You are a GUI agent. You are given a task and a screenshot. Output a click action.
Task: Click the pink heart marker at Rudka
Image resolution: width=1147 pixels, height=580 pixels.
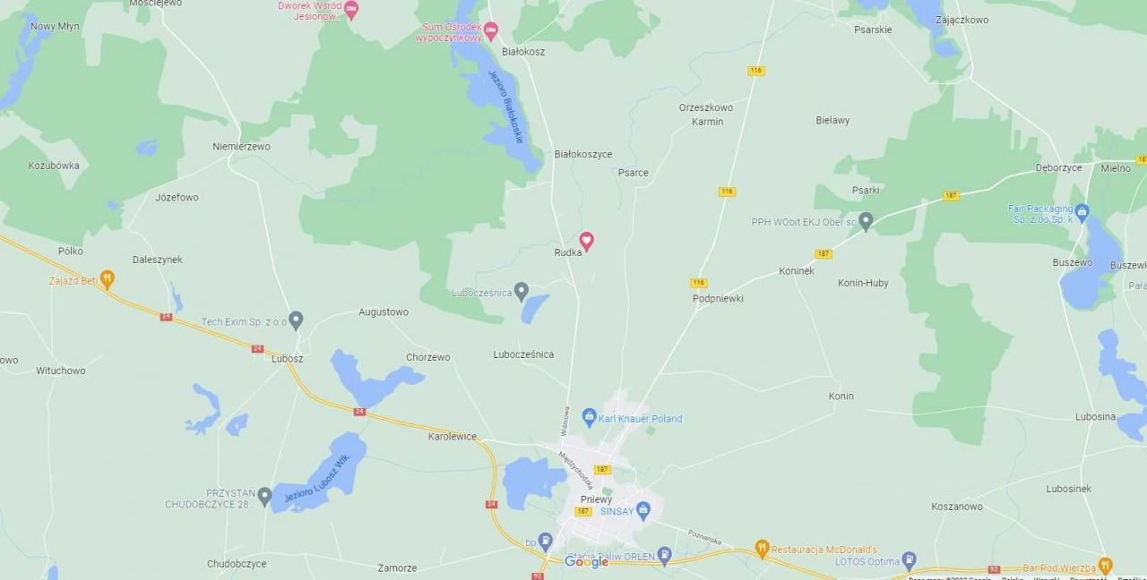586,240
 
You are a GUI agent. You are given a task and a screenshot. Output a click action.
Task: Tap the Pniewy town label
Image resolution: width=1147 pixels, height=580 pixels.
596,499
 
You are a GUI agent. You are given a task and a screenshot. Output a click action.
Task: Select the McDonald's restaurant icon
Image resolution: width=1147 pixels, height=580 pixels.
762,548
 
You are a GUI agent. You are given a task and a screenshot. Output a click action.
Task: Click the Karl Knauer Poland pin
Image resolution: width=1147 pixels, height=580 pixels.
589,416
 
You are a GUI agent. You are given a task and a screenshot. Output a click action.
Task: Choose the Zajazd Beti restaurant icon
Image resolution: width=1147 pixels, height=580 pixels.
107,279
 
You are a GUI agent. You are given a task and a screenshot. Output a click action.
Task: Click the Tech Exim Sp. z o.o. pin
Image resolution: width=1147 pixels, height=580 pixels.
296,319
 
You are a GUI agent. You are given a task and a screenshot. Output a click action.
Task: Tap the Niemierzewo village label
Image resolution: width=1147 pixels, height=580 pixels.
241,147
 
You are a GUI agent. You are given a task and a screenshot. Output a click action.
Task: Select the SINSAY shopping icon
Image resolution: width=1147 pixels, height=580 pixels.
642,510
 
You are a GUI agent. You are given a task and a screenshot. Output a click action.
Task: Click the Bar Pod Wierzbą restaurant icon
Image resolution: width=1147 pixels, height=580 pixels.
1105,566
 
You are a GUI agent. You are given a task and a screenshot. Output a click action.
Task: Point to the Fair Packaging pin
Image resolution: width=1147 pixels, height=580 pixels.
1082,212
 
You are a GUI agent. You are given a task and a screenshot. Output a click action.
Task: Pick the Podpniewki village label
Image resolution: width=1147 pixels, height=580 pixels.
718,298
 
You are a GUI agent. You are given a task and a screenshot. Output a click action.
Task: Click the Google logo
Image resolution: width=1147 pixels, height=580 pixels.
587,562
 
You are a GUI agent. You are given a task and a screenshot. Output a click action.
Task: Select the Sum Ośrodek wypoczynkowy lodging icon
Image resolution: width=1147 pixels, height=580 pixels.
490,31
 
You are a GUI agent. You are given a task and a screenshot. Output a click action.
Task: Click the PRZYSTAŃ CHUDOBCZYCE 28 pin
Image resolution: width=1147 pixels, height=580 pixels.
264,495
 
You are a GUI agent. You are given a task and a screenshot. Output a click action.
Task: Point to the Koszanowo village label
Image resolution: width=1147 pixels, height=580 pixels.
957,507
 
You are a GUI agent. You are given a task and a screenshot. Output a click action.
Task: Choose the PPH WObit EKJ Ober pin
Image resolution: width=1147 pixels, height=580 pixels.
866,220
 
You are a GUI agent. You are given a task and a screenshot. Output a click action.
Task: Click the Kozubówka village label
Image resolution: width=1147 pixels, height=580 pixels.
54,166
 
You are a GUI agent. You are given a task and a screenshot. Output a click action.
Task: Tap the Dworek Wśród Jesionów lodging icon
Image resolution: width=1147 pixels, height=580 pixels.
351,10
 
